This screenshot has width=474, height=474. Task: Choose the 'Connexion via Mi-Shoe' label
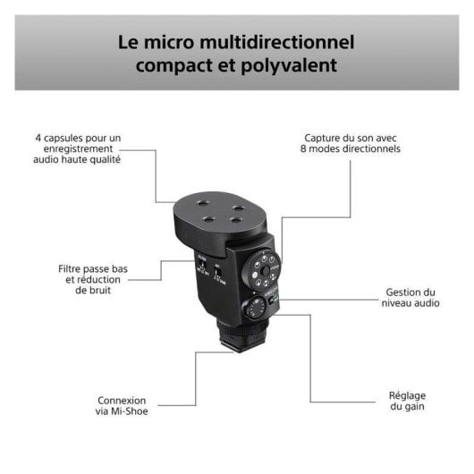tap(123, 406)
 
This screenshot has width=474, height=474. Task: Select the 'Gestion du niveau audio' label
tap(411, 298)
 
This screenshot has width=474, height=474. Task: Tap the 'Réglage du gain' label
tap(407, 400)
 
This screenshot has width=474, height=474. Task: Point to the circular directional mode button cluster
tap(265, 267)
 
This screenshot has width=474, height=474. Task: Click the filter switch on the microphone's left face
tap(202, 268)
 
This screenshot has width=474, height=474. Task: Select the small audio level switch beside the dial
tap(275, 300)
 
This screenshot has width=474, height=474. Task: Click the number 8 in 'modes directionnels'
tap(303, 149)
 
